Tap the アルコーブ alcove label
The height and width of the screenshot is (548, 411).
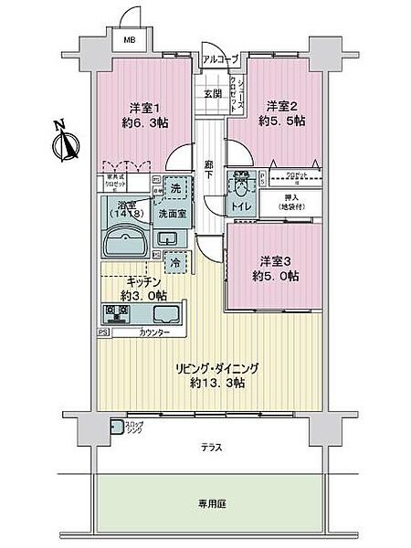pyautogui.click(x=220, y=59)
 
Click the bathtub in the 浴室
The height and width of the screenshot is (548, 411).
pyautogui.click(x=126, y=243)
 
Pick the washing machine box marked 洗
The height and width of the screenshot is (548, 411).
pyautogui.click(x=175, y=188)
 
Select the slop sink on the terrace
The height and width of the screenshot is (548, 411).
pyautogui.click(x=117, y=426)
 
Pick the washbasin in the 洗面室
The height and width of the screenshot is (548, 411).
pyautogui.click(x=167, y=239)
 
